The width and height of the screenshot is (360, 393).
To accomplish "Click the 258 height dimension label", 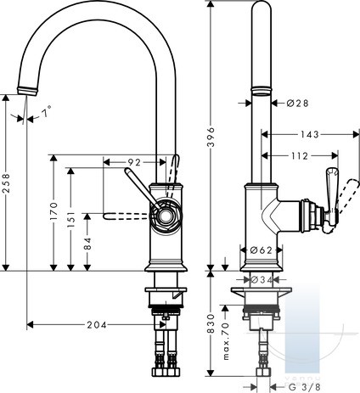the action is tap(6, 183).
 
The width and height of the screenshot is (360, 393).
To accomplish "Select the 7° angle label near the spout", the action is tap(47, 112).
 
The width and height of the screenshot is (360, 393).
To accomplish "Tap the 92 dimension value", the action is tap(134, 162).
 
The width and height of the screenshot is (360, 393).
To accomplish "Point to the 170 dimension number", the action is tap(53, 211).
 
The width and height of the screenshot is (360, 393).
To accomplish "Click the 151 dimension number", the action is tap(71, 219).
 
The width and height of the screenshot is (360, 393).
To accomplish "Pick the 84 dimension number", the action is tap(88, 244).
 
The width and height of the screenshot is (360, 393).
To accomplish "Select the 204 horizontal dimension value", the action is tap(97, 325).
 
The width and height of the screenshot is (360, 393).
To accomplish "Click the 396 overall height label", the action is tap(211, 137).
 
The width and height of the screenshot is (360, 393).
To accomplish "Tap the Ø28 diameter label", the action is tap(297, 104).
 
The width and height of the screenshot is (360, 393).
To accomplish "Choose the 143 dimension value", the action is tap(309, 134).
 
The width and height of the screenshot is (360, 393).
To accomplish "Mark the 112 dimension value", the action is tap(299, 156).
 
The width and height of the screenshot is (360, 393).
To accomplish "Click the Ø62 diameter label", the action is tap(262, 250).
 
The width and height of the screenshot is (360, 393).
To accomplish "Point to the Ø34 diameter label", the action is tap(262, 280).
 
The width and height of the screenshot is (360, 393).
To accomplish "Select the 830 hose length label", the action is tap(211, 323).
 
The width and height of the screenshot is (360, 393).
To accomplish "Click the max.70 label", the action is tap(226, 341).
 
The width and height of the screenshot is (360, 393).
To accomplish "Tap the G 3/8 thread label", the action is tap(304, 386).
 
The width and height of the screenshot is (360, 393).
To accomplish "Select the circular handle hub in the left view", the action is tap(166, 215).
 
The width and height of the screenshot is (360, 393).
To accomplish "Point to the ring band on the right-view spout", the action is tap(262, 90).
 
